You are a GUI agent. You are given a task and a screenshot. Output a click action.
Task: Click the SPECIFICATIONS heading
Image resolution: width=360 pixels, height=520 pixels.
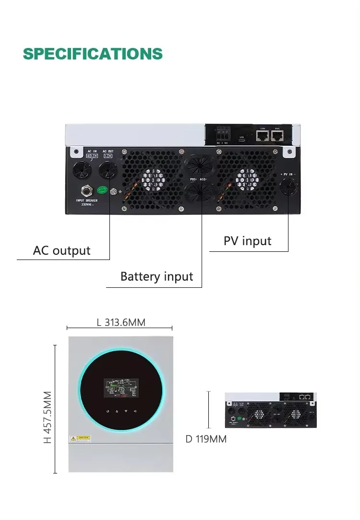pyautogui.click(x=93, y=54)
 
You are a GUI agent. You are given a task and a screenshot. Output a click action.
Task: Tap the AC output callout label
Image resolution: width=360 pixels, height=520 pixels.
pyautogui.click(x=61, y=250)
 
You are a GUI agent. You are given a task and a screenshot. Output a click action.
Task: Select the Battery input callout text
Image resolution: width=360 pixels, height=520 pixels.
pyautogui.click(x=156, y=276)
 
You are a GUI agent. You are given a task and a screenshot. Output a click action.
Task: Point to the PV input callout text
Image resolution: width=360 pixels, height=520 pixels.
pyautogui.click(x=247, y=241)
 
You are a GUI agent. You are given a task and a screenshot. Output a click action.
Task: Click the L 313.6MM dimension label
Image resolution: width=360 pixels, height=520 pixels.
pyautogui.click(x=121, y=322)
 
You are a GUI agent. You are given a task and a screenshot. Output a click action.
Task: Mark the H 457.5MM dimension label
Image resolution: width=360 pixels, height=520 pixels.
pyautogui.click(x=47, y=417)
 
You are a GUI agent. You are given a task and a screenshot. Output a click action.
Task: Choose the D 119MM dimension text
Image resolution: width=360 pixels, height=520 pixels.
pyautogui.click(x=206, y=439)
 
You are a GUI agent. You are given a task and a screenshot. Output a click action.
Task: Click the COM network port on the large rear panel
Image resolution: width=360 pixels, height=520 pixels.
pyautogui.click(x=263, y=136)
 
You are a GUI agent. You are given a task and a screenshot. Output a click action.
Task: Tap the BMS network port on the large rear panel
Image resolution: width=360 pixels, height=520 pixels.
pyautogui.click(x=277, y=136)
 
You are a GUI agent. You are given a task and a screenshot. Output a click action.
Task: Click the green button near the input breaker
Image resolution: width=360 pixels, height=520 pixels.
pyautogui.click(x=102, y=190)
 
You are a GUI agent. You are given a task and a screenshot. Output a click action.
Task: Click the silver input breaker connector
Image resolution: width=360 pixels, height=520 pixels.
pyautogui.click(x=87, y=191)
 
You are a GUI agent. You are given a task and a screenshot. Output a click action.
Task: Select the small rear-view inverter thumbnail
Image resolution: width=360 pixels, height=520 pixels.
pyautogui.click(x=271, y=410)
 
